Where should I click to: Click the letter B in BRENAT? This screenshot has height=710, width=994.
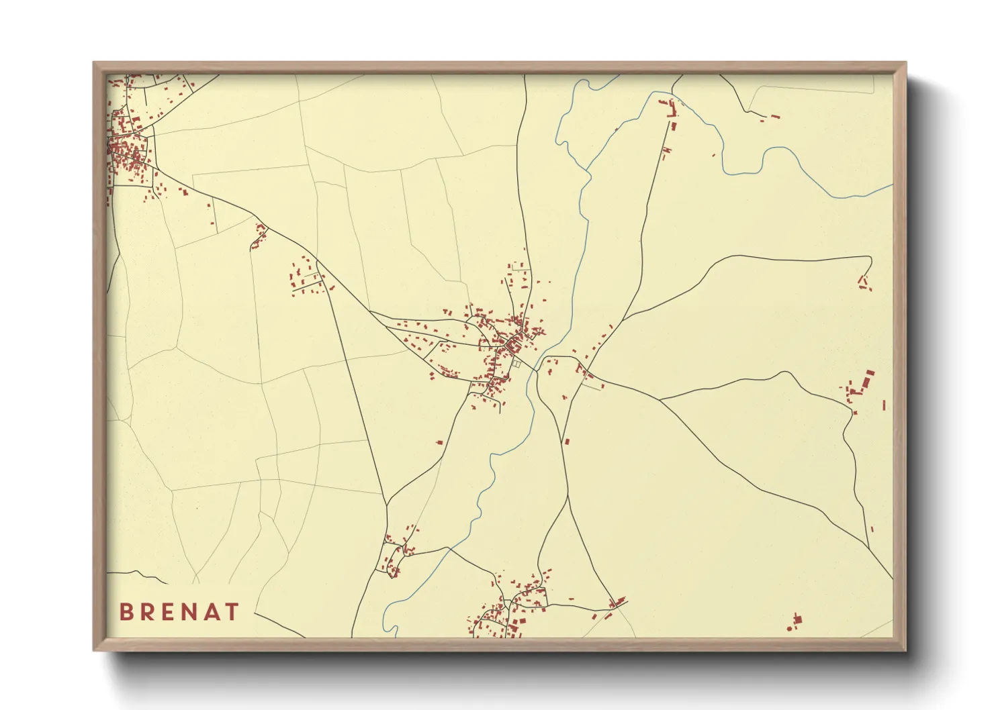(x=126, y=612)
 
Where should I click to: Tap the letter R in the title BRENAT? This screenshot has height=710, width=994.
(x=148, y=612)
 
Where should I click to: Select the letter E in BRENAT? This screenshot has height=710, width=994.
(x=171, y=612)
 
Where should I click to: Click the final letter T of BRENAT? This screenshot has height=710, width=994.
(x=233, y=612)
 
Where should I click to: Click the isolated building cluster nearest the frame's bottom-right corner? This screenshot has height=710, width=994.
(x=795, y=623)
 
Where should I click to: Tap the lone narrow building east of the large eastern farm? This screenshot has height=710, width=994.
(x=884, y=405)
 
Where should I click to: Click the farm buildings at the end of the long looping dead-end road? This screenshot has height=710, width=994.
(x=864, y=283)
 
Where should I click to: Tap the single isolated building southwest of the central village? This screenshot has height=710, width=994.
(x=440, y=442)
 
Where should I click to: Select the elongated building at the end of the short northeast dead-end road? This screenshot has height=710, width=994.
(x=773, y=117)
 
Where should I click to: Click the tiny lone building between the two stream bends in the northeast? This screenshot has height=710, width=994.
(x=713, y=156)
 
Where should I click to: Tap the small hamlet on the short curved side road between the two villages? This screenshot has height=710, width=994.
(x=259, y=235)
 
